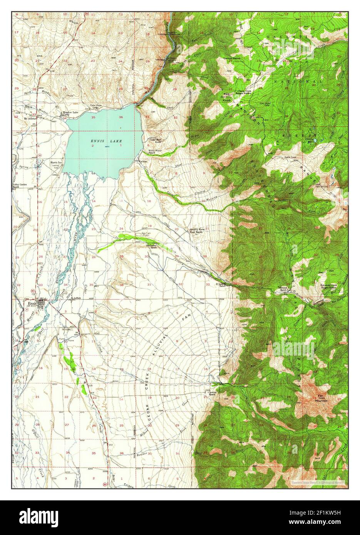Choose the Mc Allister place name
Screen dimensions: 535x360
point(30,119)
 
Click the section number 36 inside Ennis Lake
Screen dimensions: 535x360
point(121,117)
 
